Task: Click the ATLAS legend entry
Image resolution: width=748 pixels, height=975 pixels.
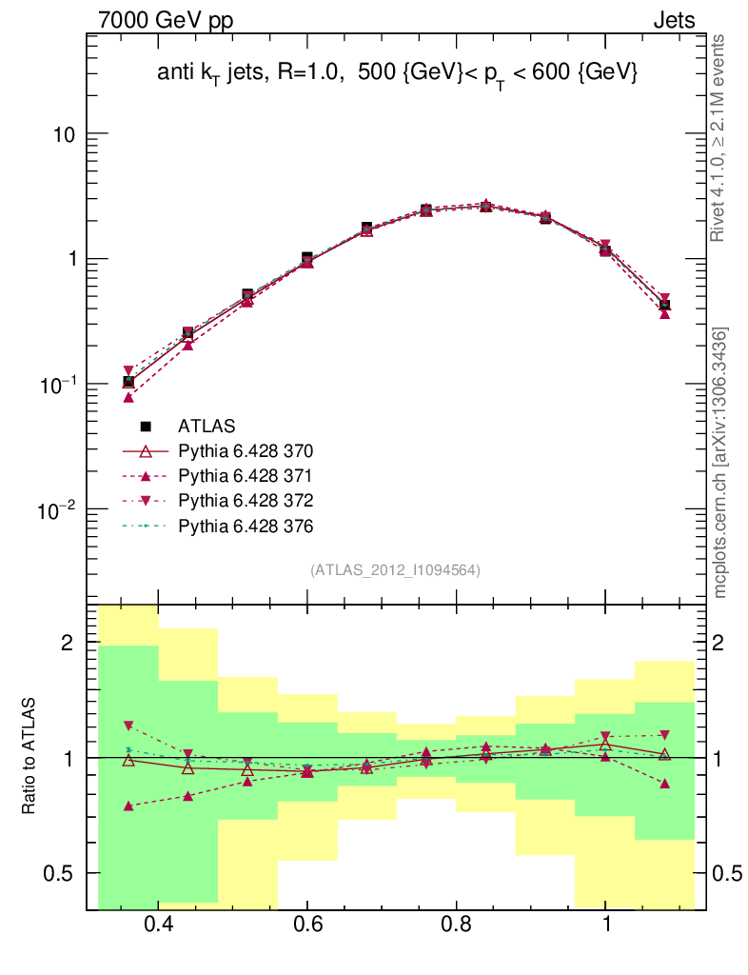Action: pos(206,426)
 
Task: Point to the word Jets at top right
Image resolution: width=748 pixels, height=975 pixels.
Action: pos(673,20)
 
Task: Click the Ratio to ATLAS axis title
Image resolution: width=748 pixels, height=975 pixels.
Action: pos(30,757)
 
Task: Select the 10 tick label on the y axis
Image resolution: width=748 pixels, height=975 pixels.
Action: pos(64,134)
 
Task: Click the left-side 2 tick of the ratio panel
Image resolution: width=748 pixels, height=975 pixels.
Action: pos(67,643)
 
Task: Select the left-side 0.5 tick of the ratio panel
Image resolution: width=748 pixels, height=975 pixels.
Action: pos(60,873)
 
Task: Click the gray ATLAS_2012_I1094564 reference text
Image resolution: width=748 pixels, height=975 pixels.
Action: pos(395,570)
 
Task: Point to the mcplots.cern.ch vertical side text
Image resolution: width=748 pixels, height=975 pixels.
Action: pos(720,463)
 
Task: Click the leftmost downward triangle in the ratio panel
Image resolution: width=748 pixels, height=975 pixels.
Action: pos(128,726)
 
